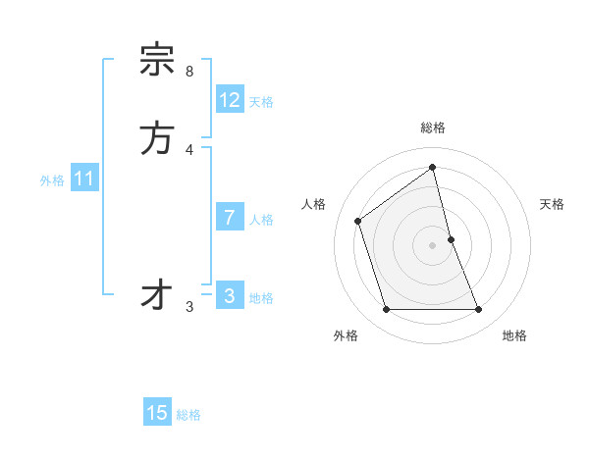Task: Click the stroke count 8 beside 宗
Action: pos(188,72)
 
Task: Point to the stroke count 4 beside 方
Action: pos(188,149)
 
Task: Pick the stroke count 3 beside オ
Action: pos(188,307)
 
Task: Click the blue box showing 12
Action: pos(230,100)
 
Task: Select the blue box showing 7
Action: pos(230,218)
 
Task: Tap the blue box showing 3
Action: pos(230,296)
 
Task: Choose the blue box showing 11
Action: pos(84,179)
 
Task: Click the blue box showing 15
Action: pos(157,413)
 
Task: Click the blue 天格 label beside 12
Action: pos(261,102)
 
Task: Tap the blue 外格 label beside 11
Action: pos(52,180)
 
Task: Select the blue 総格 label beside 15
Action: pos(188,415)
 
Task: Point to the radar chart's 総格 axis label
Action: pos(433,128)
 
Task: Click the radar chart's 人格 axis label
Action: pos(314,204)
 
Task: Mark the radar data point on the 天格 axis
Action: pos(452,239)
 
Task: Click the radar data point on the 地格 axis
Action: pos(479,310)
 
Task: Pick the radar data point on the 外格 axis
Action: pos(386,310)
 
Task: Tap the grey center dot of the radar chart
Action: pos(433,245)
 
